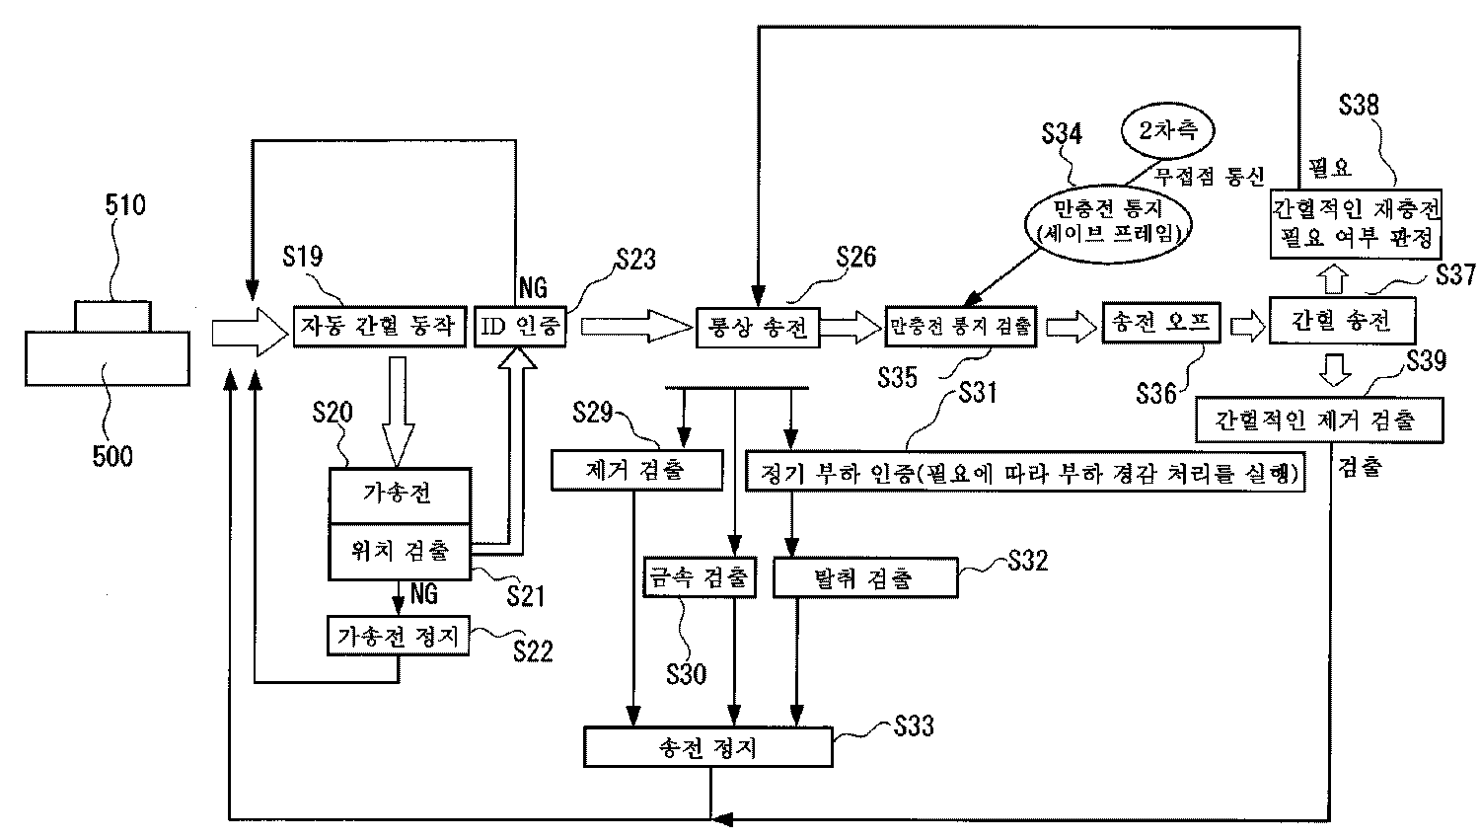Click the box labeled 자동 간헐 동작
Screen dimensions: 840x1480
click(x=379, y=327)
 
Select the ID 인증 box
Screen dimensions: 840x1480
click(x=521, y=327)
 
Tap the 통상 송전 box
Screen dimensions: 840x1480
click(x=758, y=327)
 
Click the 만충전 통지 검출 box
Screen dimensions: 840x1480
click(x=961, y=326)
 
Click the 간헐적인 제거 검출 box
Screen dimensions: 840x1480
click(x=1318, y=420)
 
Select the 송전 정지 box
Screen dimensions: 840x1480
click(x=708, y=747)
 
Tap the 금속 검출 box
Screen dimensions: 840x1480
click(x=699, y=578)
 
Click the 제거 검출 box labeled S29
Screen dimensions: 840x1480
click(x=636, y=470)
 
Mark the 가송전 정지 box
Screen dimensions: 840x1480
click(x=399, y=637)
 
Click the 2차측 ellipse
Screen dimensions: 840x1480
click(x=1166, y=131)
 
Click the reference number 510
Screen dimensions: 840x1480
click(x=125, y=205)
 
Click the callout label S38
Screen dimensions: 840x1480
click(x=1359, y=106)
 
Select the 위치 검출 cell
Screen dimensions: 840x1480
click(x=400, y=551)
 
